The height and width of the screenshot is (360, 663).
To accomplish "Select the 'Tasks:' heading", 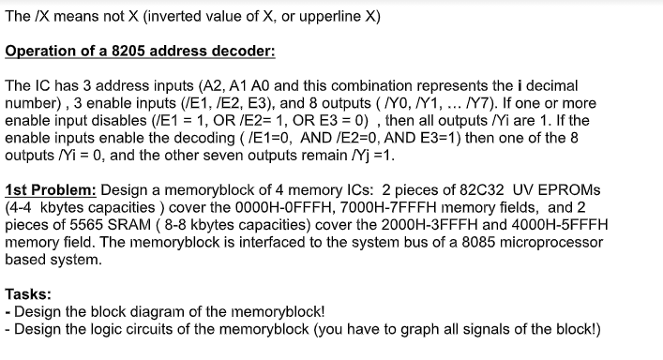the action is [28, 293].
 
